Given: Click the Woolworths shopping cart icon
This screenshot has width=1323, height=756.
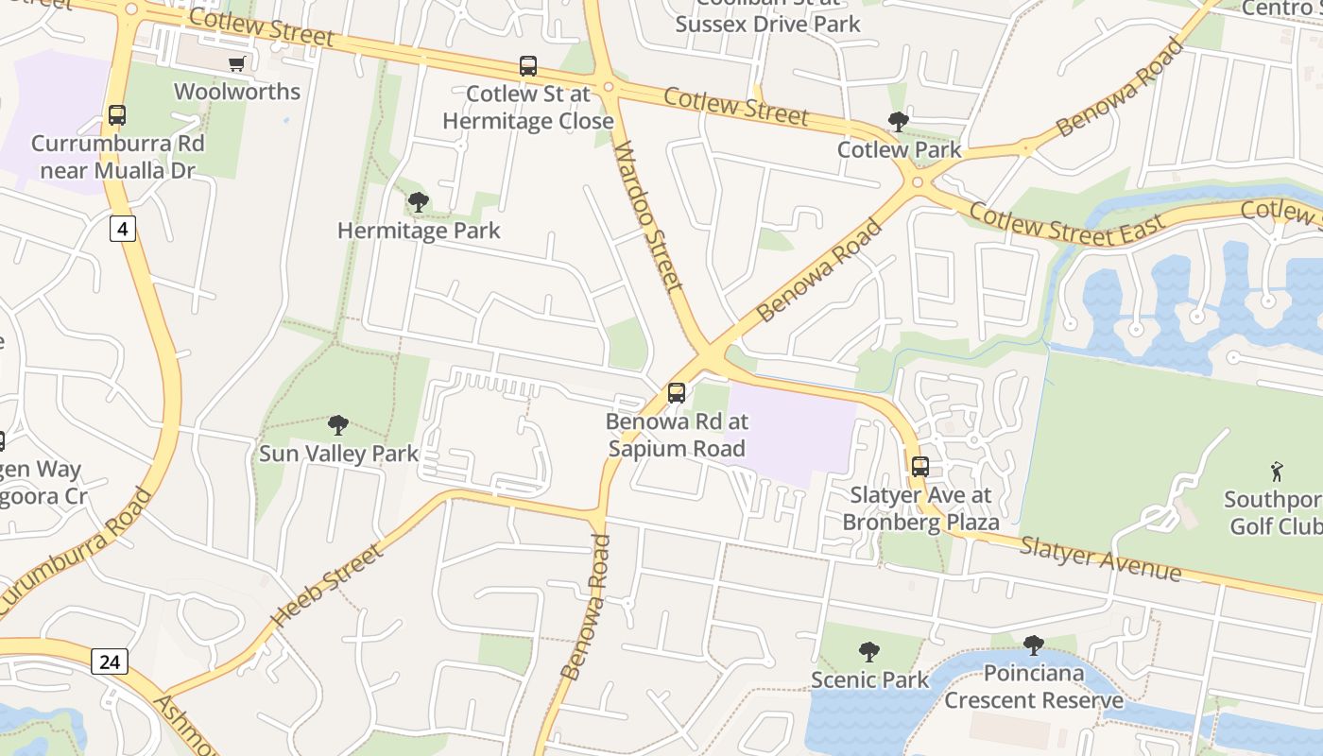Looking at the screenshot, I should click(x=236, y=63).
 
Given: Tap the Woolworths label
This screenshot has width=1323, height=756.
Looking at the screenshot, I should click(x=237, y=92).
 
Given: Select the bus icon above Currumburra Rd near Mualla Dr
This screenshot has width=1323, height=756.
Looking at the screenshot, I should click(x=117, y=115).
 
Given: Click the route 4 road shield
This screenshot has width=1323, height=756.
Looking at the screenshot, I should click(x=123, y=228).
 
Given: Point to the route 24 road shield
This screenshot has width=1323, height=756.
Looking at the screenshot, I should click(x=110, y=661).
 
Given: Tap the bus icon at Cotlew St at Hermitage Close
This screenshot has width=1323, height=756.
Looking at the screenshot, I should click(x=528, y=66).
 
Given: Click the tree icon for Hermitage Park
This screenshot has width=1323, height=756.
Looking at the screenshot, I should click(x=418, y=201).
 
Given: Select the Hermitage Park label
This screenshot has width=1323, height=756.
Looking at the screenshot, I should click(x=419, y=231).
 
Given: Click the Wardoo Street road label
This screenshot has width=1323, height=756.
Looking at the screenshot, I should click(x=648, y=216).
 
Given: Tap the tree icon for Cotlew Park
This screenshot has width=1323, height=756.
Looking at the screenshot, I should click(x=898, y=121).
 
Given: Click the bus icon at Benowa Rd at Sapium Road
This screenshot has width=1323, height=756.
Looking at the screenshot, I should click(x=677, y=393).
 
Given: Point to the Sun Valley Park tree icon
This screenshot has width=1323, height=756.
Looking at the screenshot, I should click(x=337, y=425).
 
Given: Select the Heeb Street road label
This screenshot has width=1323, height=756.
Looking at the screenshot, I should click(x=326, y=585).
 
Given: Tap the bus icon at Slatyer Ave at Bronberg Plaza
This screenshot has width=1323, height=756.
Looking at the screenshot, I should click(x=920, y=466).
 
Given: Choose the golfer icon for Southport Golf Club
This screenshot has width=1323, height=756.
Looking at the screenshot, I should click(x=1278, y=470).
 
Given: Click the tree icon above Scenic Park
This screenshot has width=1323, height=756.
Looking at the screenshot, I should click(x=868, y=651).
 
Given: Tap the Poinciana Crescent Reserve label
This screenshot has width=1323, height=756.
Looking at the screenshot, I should click(x=1034, y=687).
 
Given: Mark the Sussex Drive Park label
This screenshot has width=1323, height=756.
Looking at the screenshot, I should click(x=767, y=24).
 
